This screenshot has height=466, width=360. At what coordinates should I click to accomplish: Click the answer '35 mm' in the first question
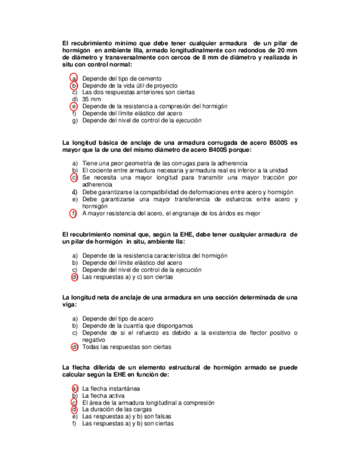pyautogui.click(x=92, y=99)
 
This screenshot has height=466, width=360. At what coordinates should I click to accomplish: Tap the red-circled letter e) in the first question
pyautogui.click(x=73, y=106)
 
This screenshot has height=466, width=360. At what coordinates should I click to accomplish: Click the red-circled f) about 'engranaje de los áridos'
pyautogui.click(x=73, y=213)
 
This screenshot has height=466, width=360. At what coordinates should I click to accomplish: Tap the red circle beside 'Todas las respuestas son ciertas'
pyautogui.click(x=73, y=347)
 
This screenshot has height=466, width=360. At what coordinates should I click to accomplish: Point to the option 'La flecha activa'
pyautogui.click(x=103, y=396)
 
